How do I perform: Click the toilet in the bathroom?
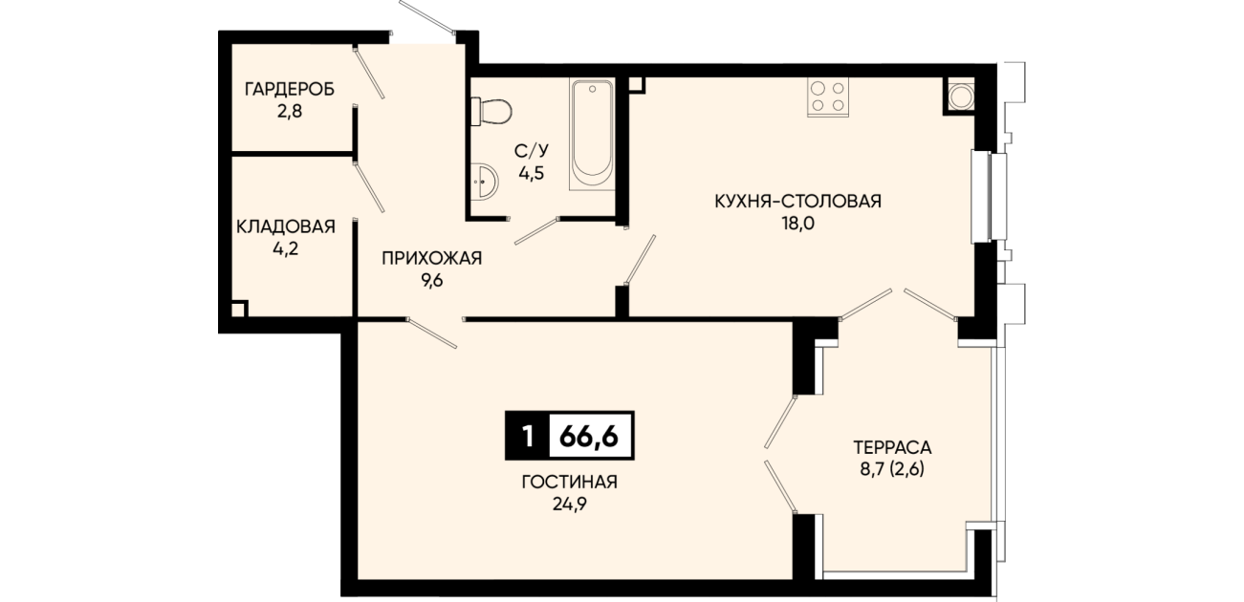coord(491,112)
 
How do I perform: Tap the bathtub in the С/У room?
coord(592,135)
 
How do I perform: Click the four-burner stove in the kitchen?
coord(828,97)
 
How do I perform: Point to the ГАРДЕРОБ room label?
coord(290,89)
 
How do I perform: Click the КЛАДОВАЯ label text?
coord(286,226)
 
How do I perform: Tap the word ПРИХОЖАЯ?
coord(432,258)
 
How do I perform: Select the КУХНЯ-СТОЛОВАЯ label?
coord(798,201)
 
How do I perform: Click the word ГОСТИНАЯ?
coord(570,482)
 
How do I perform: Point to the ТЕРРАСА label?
coord(892,446)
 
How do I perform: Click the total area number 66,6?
coord(589,437)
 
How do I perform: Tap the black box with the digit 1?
coord(528,436)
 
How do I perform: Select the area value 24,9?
coord(570,505)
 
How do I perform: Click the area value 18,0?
coord(798,224)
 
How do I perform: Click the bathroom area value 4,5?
coord(532,173)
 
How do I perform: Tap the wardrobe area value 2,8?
coord(290,112)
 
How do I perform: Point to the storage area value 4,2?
coord(286,248)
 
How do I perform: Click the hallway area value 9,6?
coord(432,281)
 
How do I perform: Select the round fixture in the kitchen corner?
coord(960,97)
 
